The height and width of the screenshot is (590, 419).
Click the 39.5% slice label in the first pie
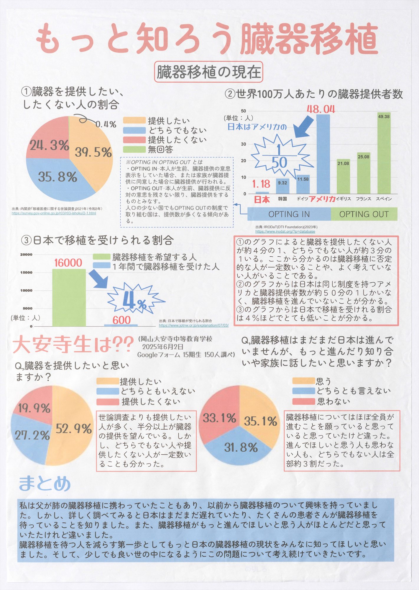(x=93, y=152)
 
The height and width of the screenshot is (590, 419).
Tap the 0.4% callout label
(x=106, y=124)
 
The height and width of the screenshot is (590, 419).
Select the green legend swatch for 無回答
(x=134, y=149)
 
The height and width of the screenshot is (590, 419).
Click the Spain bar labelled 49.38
(x=384, y=153)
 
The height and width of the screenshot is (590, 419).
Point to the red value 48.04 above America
(x=321, y=109)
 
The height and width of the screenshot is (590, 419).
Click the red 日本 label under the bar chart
(x=262, y=200)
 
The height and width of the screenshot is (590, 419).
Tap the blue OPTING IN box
(x=289, y=214)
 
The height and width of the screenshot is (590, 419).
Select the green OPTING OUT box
(x=364, y=214)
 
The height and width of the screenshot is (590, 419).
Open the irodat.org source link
(x=285, y=232)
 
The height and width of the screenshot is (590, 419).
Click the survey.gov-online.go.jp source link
(x=54, y=213)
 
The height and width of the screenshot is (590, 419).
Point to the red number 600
(x=121, y=320)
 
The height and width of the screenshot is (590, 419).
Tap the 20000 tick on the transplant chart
(x=26, y=254)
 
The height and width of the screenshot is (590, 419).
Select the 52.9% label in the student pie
(x=74, y=429)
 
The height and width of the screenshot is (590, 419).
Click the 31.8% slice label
(x=241, y=448)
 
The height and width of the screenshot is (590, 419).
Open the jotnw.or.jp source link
(x=194, y=325)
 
